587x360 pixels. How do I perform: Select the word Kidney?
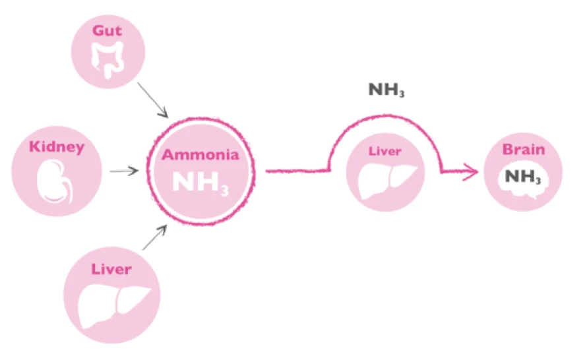(57, 146)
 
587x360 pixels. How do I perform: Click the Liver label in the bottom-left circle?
(111, 269)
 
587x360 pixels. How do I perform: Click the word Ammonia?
(201, 156)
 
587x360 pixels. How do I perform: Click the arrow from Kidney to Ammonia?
(125, 171)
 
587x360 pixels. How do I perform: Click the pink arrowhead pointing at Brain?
(472, 172)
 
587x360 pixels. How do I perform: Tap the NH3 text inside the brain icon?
(524, 177)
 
